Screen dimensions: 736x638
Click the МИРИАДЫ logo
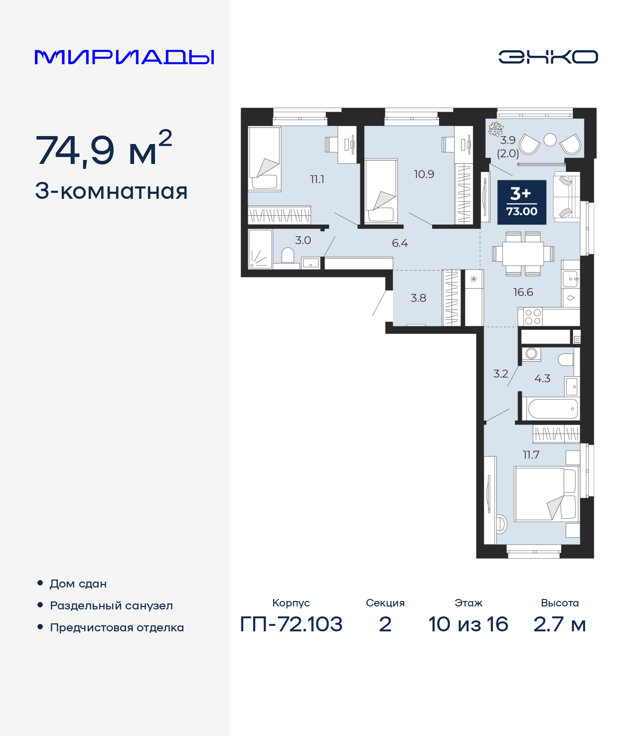[x=124, y=57]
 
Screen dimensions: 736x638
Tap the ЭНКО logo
[x=548, y=57]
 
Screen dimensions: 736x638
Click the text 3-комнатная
[x=111, y=191]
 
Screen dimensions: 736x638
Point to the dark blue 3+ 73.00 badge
[x=522, y=202]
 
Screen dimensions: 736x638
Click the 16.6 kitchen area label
[x=523, y=292]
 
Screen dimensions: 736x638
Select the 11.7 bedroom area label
[x=531, y=454]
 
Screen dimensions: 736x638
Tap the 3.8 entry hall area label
[x=418, y=298]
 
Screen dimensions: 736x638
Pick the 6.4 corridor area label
[x=400, y=243]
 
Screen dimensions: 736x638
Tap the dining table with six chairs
[x=523, y=254]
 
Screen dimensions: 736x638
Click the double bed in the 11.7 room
[x=545, y=494]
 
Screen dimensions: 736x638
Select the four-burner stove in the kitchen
[x=532, y=316]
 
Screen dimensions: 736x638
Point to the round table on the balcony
[x=550, y=140]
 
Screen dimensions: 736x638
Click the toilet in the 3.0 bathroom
[x=288, y=257]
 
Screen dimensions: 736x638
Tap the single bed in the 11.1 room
[x=265, y=159]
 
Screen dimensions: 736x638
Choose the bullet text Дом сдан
[x=78, y=584]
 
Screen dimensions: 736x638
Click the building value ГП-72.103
[x=291, y=624]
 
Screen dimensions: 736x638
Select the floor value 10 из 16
[x=468, y=624]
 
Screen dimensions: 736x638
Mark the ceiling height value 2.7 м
[x=559, y=624]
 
